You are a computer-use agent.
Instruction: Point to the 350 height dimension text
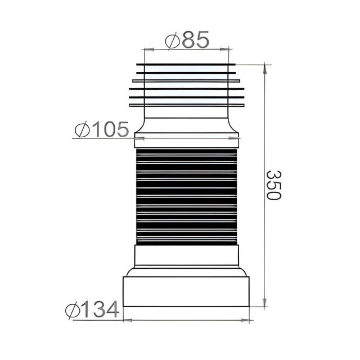click(273, 185)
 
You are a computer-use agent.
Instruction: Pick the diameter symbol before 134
click(73, 310)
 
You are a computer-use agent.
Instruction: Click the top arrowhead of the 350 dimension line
click(264, 68)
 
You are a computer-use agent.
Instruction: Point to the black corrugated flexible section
click(187, 197)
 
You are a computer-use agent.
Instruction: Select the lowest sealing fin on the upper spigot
click(187, 105)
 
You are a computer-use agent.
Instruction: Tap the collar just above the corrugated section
click(187, 142)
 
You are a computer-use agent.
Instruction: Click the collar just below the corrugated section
click(187, 255)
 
